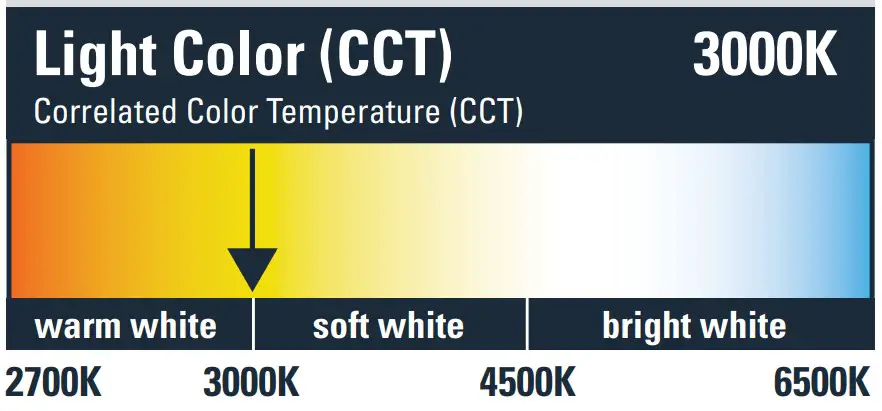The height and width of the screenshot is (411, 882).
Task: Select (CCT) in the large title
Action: click(x=385, y=57)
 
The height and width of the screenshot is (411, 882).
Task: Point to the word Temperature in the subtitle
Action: click(x=344, y=112)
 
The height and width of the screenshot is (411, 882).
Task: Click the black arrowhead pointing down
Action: click(x=253, y=269)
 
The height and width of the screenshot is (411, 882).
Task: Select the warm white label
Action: click(x=126, y=326)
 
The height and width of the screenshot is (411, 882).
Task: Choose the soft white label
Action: click(x=388, y=326)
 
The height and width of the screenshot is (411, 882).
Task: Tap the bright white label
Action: click(x=694, y=326)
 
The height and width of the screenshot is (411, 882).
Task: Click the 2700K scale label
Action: click(x=54, y=382)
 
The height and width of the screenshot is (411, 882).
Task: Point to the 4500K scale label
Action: click(x=526, y=382)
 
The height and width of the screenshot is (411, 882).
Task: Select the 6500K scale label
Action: click(x=822, y=382)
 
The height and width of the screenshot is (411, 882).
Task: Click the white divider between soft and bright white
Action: click(x=527, y=324)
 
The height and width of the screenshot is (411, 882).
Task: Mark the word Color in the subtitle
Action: click(x=202, y=112)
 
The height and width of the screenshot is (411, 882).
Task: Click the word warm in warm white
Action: click(x=80, y=326)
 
